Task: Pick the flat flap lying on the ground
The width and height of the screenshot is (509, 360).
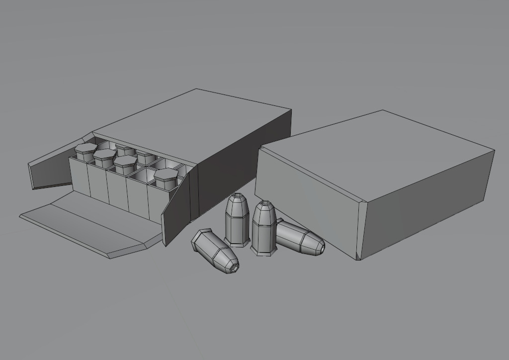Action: coord(89,224)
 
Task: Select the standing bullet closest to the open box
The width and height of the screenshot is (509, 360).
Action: coord(237,221)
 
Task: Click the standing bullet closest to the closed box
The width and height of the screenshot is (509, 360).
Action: coord(263,229)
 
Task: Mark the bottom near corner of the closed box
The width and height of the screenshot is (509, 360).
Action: coord(358,258)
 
